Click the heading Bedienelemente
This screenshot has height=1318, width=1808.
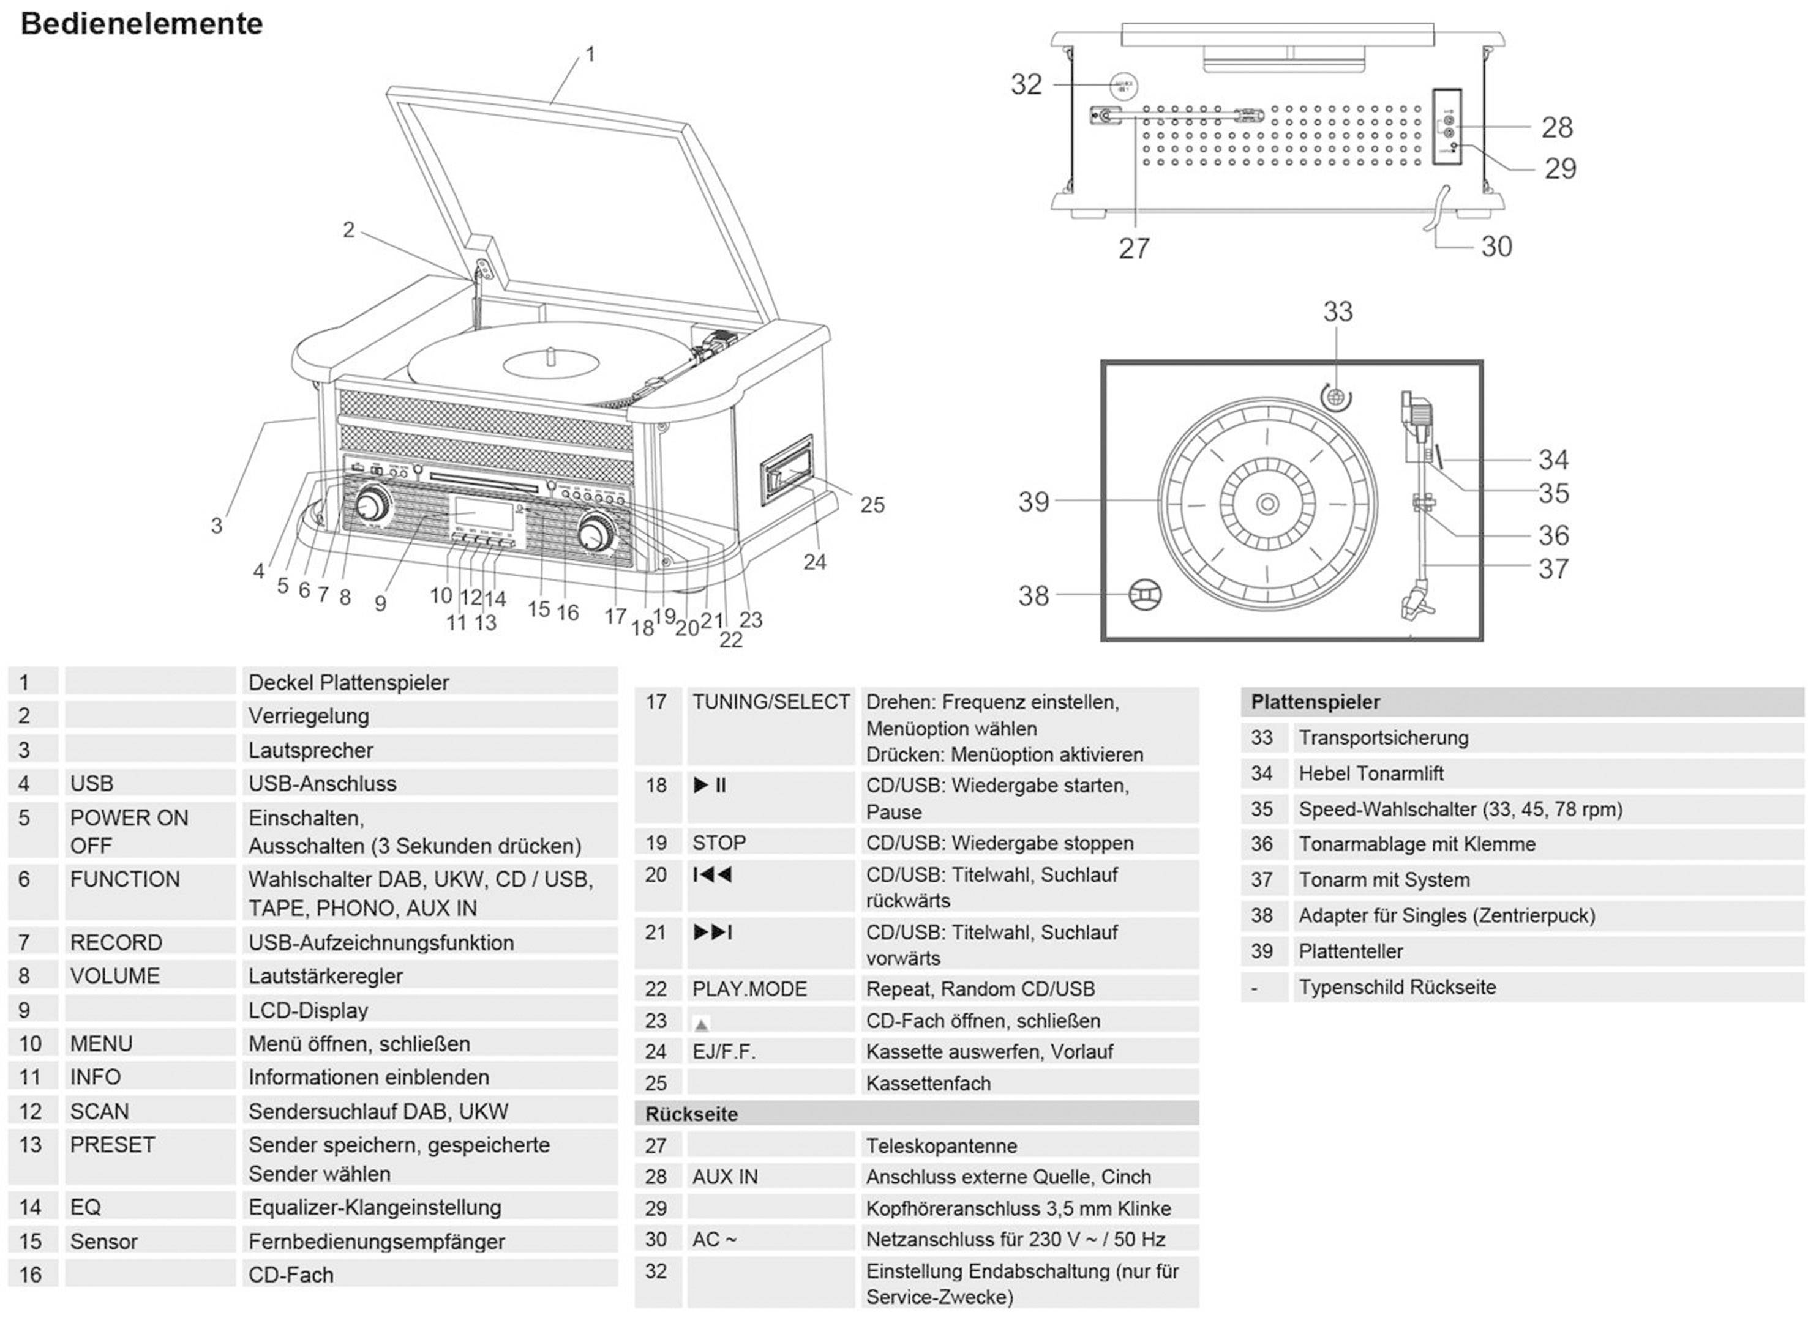[x=141, y=24]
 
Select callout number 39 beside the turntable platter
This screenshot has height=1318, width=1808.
[x=1033, y=502]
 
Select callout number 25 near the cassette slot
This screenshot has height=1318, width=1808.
[x=872, y=505]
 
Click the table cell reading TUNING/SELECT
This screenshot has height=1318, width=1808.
[x=770, y=702]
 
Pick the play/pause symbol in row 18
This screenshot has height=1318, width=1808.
[x=710, y=786]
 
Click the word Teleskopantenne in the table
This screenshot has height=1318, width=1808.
[x=941, y=1145]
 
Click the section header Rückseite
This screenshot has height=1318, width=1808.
[x=691, y=1114]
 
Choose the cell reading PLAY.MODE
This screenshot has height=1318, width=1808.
[x=749, y=989]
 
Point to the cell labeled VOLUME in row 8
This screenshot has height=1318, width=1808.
[x=115, y=976]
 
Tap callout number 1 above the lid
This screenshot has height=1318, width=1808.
[x=590, y=54]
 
